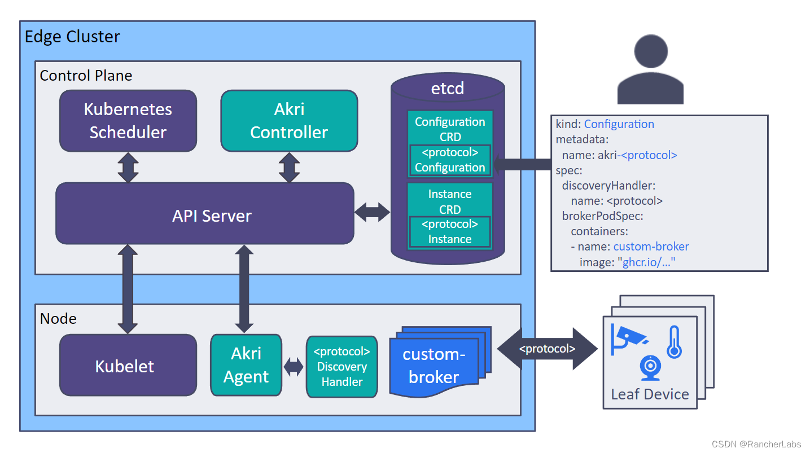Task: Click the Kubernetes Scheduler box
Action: (128, 121)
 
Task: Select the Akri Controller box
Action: (289, 121)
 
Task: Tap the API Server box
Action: (205, 215)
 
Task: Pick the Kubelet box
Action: (128, 365)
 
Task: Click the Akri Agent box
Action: (246, 365)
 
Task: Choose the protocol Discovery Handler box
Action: (341, 367)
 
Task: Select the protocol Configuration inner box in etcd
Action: (450, 160)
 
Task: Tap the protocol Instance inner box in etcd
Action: (450, 232)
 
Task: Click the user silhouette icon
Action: (650, 71)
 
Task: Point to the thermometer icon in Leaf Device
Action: (673, 342)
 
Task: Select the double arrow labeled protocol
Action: (547, 349)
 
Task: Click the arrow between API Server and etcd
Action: (372, 212)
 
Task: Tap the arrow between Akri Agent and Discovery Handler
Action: (294, 367)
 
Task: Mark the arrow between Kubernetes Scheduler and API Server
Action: (128, 167)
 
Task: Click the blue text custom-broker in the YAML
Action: (651, 247)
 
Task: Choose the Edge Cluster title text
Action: (72, 37)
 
